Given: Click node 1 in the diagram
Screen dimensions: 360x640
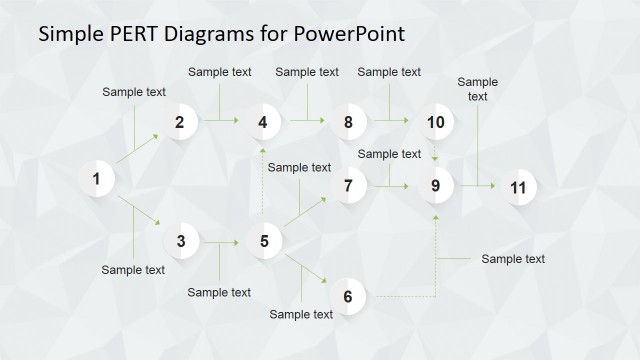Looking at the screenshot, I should coord(97,180).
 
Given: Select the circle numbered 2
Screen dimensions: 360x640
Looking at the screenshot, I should coord(180,123).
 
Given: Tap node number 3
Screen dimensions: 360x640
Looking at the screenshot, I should coord(180,241).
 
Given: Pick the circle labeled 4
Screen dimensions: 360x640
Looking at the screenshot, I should coord(263,123).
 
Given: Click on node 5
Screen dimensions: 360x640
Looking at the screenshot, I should coord(264,241).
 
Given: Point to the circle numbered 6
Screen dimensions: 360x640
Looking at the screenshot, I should coord(348,297).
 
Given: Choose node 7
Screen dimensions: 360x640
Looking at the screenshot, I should coord(348,186).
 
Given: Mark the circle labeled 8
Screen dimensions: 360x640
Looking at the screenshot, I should coord(348,123).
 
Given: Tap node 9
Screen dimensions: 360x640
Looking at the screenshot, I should coord(435,186).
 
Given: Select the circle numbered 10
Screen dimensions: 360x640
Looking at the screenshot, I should coord(435,123).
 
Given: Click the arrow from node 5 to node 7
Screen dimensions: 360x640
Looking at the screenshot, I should coord(306,212).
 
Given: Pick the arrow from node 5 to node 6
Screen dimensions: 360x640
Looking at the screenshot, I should coord(306,268).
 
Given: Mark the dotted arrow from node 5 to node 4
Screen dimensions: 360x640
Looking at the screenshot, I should coord(263,182).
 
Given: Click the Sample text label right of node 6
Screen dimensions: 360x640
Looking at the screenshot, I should coord(513,259).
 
